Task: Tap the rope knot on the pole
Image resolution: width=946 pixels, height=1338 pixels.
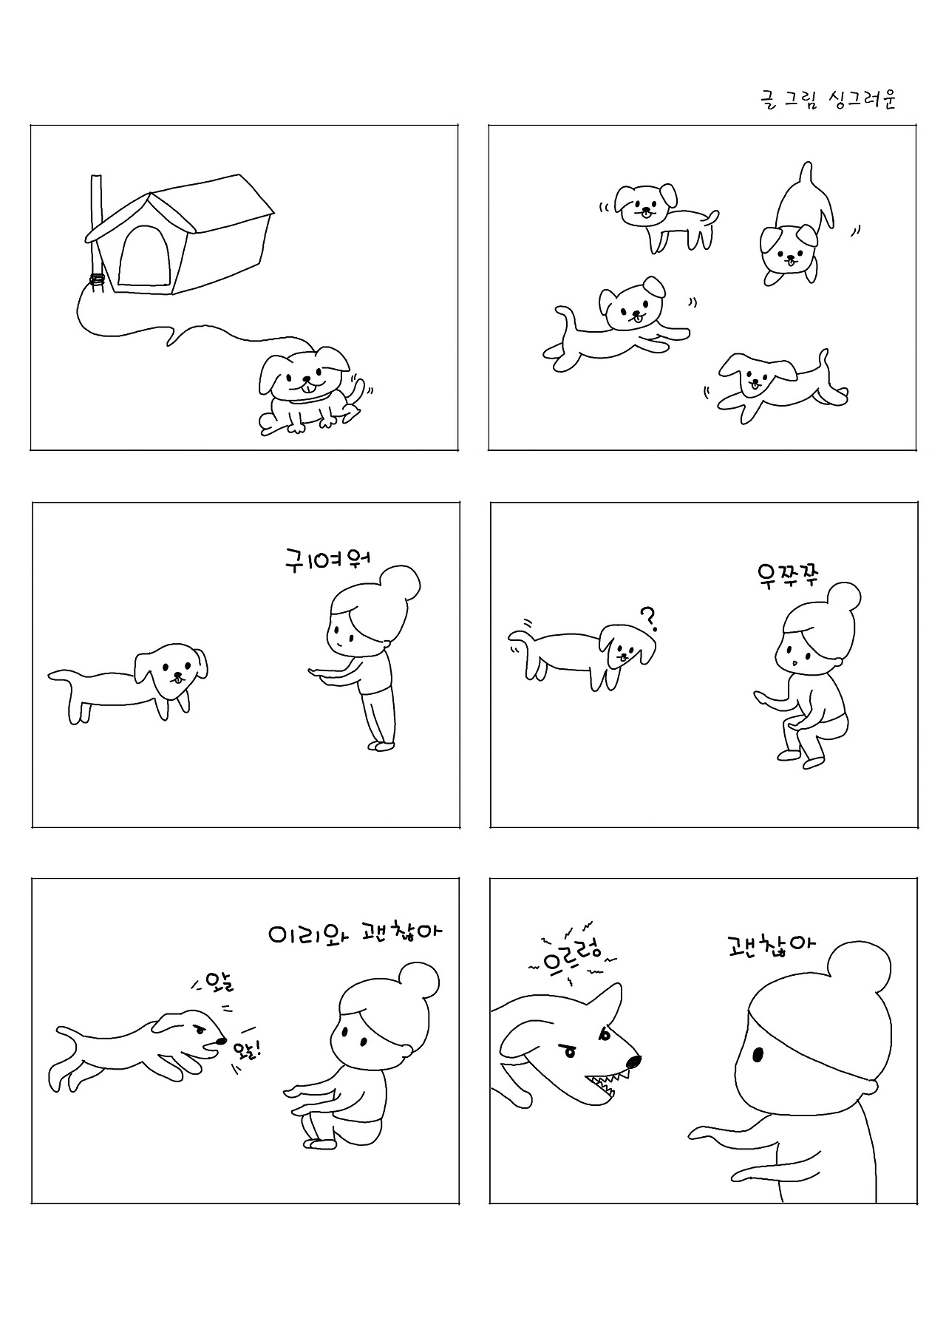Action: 97,280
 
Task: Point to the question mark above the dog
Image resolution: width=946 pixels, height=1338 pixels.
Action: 648,618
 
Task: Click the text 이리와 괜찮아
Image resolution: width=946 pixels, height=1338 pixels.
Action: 355,933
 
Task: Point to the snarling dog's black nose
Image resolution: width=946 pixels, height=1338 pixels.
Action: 633,1062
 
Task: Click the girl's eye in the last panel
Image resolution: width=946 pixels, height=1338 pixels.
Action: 758,1054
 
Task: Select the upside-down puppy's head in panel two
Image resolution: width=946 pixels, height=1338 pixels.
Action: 789,251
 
